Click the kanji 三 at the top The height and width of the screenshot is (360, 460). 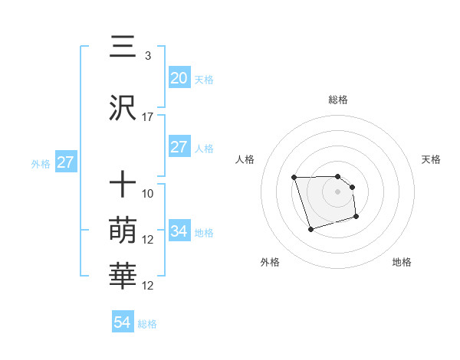click(123, 47)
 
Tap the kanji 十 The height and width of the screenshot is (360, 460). click(123, 185)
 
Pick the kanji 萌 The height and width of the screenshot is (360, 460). click(123, 230)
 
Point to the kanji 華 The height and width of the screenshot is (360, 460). click(123, 277)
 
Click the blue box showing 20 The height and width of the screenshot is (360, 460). click(179, 77)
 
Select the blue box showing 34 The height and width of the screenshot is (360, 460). click(179, 231)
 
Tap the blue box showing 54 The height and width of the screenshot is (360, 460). click(123, 322)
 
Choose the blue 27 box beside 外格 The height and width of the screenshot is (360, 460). click(65, 162)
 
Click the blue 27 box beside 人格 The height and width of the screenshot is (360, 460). click(179, 147)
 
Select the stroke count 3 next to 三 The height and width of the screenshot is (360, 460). click(147, 56)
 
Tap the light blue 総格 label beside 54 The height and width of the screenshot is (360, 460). click(147, 324)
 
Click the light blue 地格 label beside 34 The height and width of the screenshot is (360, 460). click(204, 232)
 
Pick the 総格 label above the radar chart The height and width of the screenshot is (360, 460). click(338, 100)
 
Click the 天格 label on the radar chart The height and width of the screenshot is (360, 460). click(431, 159)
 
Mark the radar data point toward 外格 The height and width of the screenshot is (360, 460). click(310, 229)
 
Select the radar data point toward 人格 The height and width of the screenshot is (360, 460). click(294, 178)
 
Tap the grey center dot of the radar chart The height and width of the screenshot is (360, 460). click(338, 191)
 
